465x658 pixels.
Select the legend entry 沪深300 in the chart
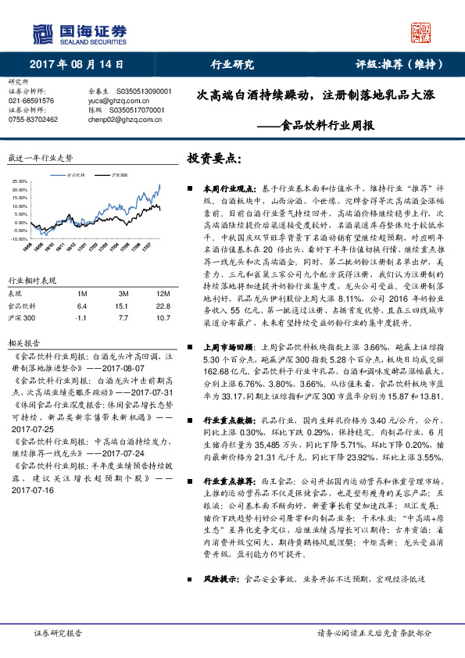120,177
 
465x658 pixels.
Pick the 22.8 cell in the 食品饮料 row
162,306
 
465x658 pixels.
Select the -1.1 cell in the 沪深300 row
82,319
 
